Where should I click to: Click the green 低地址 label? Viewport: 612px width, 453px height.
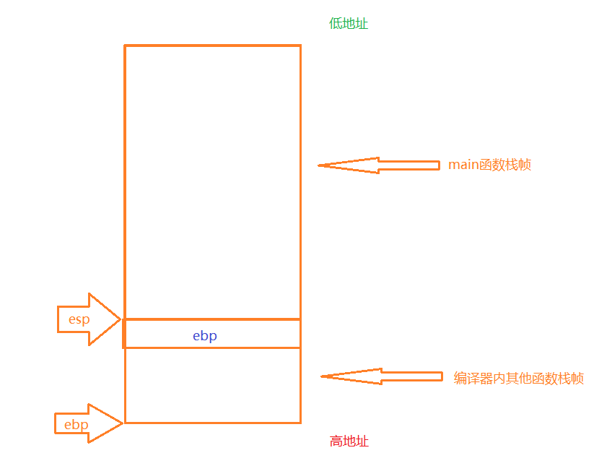(349, 24)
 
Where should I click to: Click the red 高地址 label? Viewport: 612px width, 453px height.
(349, 441)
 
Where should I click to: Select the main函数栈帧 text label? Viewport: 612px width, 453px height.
(489, 165)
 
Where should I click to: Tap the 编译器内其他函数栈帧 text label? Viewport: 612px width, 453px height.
(518, 378)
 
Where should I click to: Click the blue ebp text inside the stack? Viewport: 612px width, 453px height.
(205, 335)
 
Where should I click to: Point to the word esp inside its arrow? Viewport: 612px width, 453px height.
(79, 319)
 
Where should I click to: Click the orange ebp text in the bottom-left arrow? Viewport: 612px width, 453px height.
(76, 424)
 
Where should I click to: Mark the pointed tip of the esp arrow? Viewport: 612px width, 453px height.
(120, 319)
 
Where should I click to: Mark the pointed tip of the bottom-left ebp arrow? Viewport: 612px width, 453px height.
(123, 423)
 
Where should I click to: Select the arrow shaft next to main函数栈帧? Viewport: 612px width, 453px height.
(408, 165)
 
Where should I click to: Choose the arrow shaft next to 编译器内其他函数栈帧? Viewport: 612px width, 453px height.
(411, 376)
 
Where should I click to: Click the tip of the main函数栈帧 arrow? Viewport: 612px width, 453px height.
(320, 165)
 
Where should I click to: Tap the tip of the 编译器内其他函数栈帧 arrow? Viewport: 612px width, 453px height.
(322, 376)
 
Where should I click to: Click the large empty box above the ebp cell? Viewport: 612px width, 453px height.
(212, 181)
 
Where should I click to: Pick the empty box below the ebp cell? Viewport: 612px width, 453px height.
(212, 385)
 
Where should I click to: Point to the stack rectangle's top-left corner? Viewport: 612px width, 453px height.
(125, 46)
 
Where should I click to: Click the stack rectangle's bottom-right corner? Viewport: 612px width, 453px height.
(300, 423)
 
